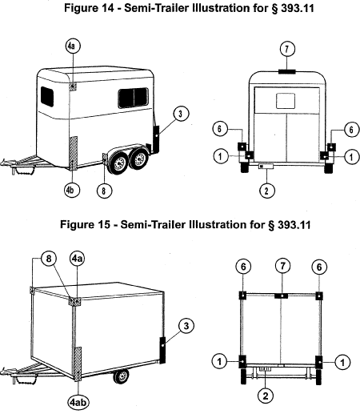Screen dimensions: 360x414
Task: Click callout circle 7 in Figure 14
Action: pyautogui.click(x=287, y=49)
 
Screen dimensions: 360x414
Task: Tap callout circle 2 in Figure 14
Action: pyautogui.click(x=267, y=191)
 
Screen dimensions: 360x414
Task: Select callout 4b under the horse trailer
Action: pyautogui.click(x=72, y=190)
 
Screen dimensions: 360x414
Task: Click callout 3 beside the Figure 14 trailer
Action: pyautogui.click(x=181, y=114)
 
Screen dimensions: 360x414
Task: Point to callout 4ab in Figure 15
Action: pyautogui.click(x=78, y=402)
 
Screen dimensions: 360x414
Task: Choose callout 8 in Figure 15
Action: pyautogui.click(x=49, y=259)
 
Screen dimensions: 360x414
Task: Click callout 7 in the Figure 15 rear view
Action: pyautogui.click(x=282, y=266)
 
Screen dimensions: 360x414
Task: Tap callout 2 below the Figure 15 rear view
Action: pyautogui.click(x=266, y=396)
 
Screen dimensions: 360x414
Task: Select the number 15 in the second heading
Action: pyautogui.click(x=103, y=224)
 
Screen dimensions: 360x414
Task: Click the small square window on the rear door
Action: pyautogui.click(x=286, y=101)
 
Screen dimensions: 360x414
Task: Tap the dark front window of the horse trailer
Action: pyautogui.click(x=47, y=97)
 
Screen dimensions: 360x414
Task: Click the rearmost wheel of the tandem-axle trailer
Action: pyautogui.click(x=139, y=159)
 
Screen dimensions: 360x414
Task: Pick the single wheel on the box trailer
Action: pyautogui.click(x=122, y=376)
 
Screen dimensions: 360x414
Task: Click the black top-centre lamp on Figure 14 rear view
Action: pyautogui.click(x=287, y=71)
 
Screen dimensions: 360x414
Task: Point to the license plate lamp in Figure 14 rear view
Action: pyautogui.click(x=266, y=167)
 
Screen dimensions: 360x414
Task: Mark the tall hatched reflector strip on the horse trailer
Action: pyautogui.click(x=74, y=153)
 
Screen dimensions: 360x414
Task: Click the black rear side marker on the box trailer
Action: pyautogui.click(x=162, y=350)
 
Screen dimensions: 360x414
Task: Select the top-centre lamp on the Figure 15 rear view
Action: pyautogui.click(x=282, y=295)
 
